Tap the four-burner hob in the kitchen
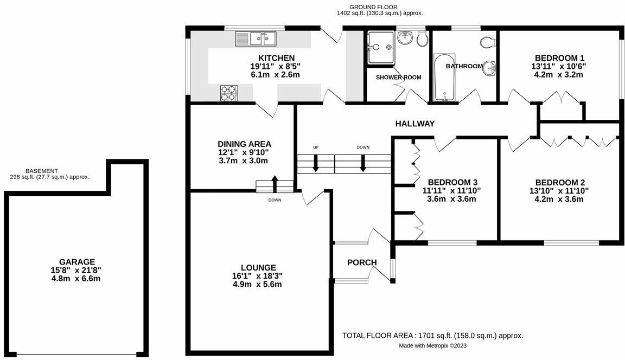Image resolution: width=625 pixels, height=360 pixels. [229, 93]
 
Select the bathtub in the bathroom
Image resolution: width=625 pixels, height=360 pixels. [445, 78]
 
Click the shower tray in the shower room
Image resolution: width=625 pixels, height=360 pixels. [380, 48]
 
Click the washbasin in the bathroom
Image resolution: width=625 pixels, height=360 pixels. [490, 67]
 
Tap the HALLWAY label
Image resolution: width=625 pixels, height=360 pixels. [415, 124]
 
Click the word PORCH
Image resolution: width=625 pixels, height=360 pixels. [362, 262]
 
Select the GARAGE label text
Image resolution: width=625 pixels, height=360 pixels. [76, 261]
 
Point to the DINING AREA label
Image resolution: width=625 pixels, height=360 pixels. [244, 144]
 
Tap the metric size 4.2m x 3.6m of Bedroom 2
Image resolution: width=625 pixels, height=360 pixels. [560, 199]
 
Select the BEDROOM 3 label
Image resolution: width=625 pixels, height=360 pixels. [452, 182]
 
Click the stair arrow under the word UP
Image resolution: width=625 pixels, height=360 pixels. [316, 163]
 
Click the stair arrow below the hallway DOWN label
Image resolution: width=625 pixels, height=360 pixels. [363, 163]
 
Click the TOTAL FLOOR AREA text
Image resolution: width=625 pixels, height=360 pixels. [432, 336]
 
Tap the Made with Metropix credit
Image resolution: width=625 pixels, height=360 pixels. [433, 345]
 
